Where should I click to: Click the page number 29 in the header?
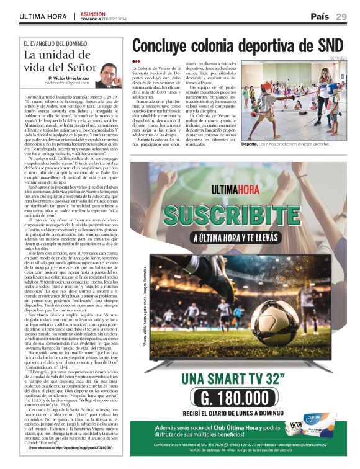[341, 16]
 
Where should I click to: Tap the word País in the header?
[320, 16]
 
